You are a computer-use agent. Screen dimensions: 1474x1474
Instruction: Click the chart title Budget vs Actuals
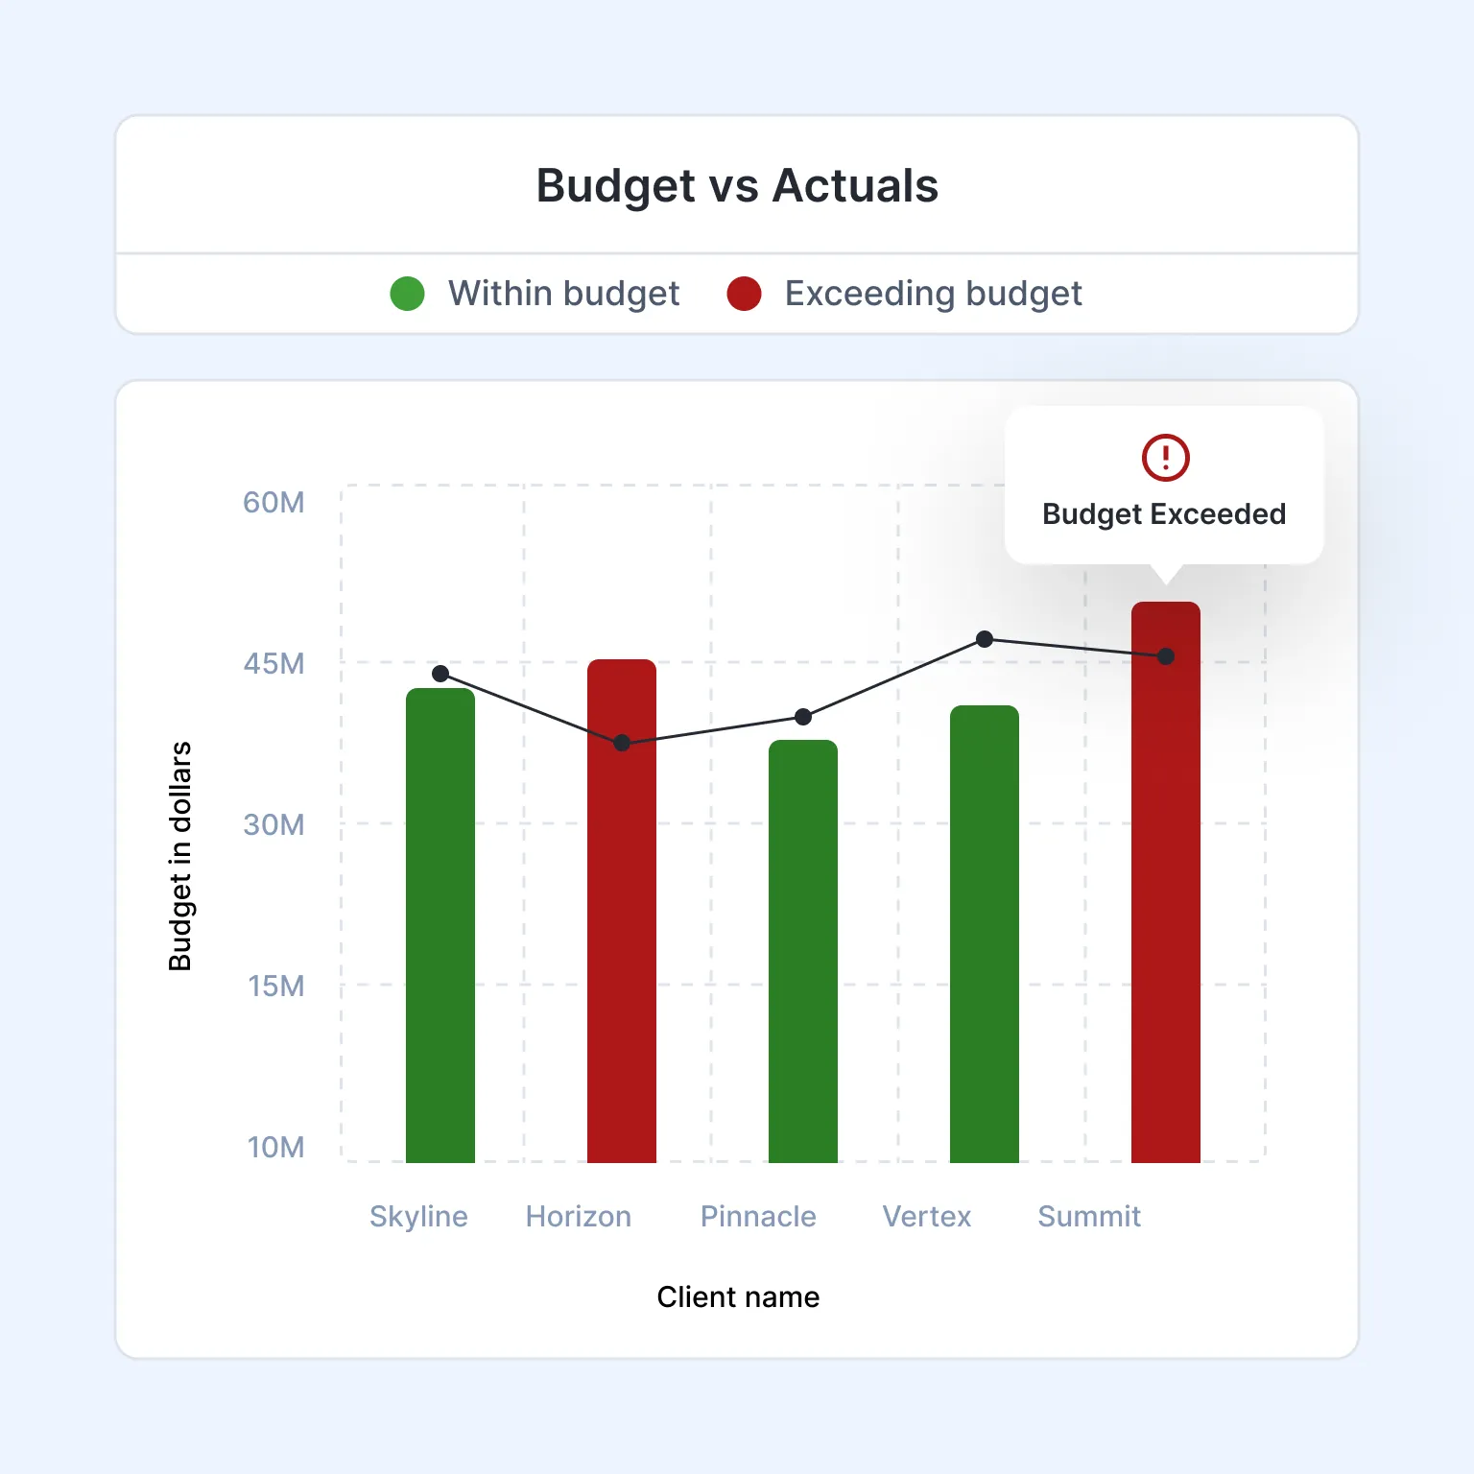click(x=736, y=186)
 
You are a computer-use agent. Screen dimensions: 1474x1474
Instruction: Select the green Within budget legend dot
click(x=407, y=294)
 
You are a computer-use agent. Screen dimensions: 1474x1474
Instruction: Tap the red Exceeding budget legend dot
click(x=744, y=294)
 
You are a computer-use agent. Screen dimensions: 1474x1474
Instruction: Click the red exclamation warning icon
click(x=1165, y=457)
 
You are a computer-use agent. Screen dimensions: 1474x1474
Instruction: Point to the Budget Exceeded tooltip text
click(x=1163, y=514)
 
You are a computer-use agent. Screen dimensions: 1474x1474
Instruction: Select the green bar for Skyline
click(x=440, y=926)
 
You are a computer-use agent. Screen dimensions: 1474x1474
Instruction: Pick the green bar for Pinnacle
click(x=803, y=950)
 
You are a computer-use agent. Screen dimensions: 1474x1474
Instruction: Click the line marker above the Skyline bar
click(x=440, y=674)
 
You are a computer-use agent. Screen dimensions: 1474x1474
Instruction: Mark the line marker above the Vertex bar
click(x=985, y=639)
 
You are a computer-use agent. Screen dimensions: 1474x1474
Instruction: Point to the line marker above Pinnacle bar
click(x=803, y=717)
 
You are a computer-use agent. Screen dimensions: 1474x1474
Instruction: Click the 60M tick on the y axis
click(x=273, y=502)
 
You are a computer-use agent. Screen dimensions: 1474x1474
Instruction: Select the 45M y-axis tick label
click(x=273, y=663)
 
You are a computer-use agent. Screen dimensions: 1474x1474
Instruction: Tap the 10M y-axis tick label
click(x=275, y=1147)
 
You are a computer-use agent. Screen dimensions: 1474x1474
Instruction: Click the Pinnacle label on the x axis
click(x=758, y=1216)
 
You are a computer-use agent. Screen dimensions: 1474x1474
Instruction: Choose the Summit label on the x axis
click(x=1089, y=1216)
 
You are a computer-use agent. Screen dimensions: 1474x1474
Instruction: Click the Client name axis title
click(x=738, y=1296)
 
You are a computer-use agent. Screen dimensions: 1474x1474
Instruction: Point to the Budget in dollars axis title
click(x=180, y=856)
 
